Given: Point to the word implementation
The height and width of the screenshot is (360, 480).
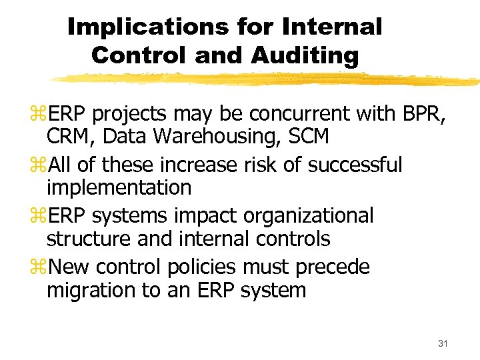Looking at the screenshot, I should coord(119,188).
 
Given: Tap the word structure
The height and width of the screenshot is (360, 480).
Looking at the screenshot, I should coord(85,239).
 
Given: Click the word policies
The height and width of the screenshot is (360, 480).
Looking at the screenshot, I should coord(203,267).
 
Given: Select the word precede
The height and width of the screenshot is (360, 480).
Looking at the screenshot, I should coord(331,267).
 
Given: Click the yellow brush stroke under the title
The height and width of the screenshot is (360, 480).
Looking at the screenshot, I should coord(267,79).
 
